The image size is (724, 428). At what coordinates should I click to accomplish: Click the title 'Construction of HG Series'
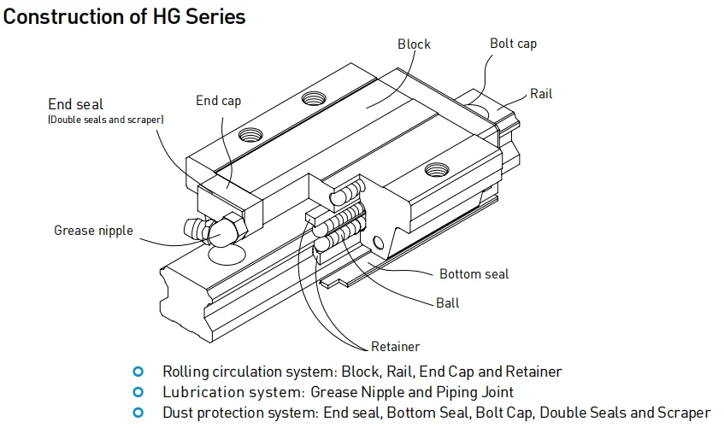(x=125, y=16)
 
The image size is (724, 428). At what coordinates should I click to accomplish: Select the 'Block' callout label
(x=415, y=44)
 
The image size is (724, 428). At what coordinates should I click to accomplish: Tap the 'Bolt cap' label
(x=513, y=44)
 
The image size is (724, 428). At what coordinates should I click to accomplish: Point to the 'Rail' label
(x=541, y=93)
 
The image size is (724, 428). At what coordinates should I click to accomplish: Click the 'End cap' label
(x=218, y=101)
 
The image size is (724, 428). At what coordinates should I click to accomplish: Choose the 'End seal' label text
(x=76, y=105)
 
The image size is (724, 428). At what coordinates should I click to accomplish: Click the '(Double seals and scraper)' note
(x=106, y=120)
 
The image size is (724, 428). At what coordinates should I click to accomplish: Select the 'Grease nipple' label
(x=93, y=230)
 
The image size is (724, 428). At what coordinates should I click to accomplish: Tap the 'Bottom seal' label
(x=474, y=274)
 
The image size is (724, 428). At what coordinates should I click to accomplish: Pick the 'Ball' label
(x=447, y=302)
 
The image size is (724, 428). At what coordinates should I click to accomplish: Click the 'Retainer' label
(x=396, y=347)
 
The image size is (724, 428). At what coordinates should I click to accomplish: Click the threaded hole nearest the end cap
(x=250, y=133)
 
